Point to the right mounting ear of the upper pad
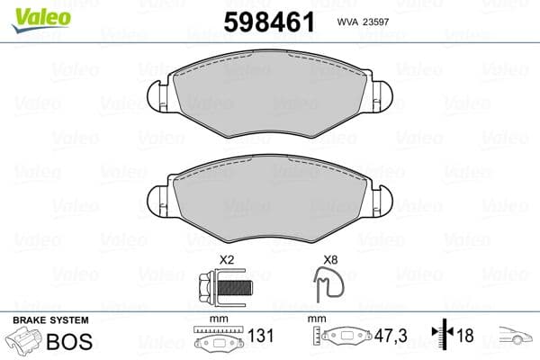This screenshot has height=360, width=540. click(x=382, y=94)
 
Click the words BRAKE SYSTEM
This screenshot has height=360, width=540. click(x=50, y=320)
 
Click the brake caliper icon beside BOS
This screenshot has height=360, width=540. click(x=23, y=343)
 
